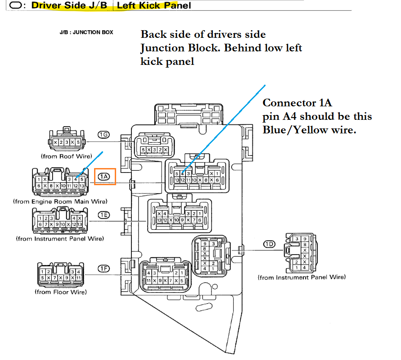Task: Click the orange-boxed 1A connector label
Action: (x=104, y=176)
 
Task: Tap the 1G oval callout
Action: (x=104, y=135)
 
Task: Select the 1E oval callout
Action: (x=104, y=214)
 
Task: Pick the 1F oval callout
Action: (x=104, y=269)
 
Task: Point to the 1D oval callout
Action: (x=269, y=244)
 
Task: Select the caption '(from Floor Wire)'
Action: (x=61, y=292)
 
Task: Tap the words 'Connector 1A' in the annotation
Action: (x=297, y=103)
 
